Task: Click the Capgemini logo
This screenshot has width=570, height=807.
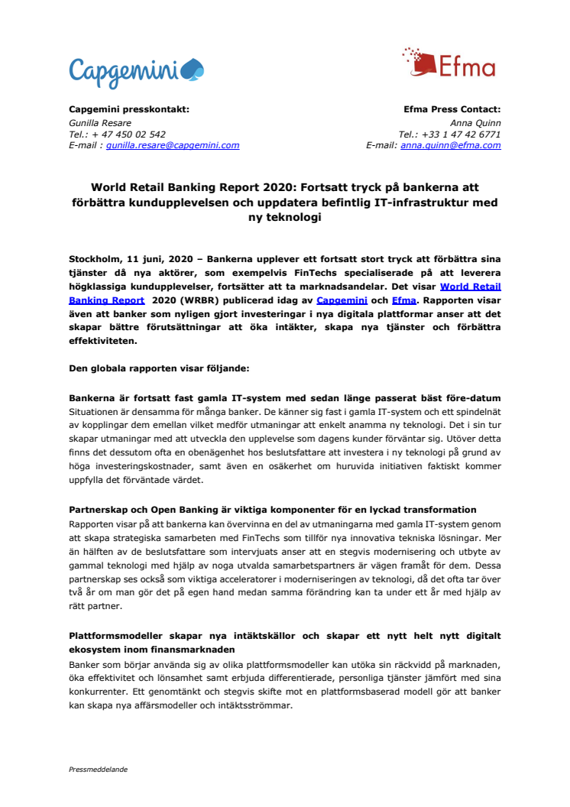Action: click(136, 70)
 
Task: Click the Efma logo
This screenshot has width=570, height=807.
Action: click(449, 63)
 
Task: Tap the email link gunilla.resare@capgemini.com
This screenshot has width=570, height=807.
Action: click(173, 145)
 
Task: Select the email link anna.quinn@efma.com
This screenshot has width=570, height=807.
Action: click(451, 145)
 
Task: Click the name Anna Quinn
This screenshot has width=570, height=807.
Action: click(479, 122)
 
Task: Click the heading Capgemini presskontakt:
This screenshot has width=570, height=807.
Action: click(129, 109)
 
